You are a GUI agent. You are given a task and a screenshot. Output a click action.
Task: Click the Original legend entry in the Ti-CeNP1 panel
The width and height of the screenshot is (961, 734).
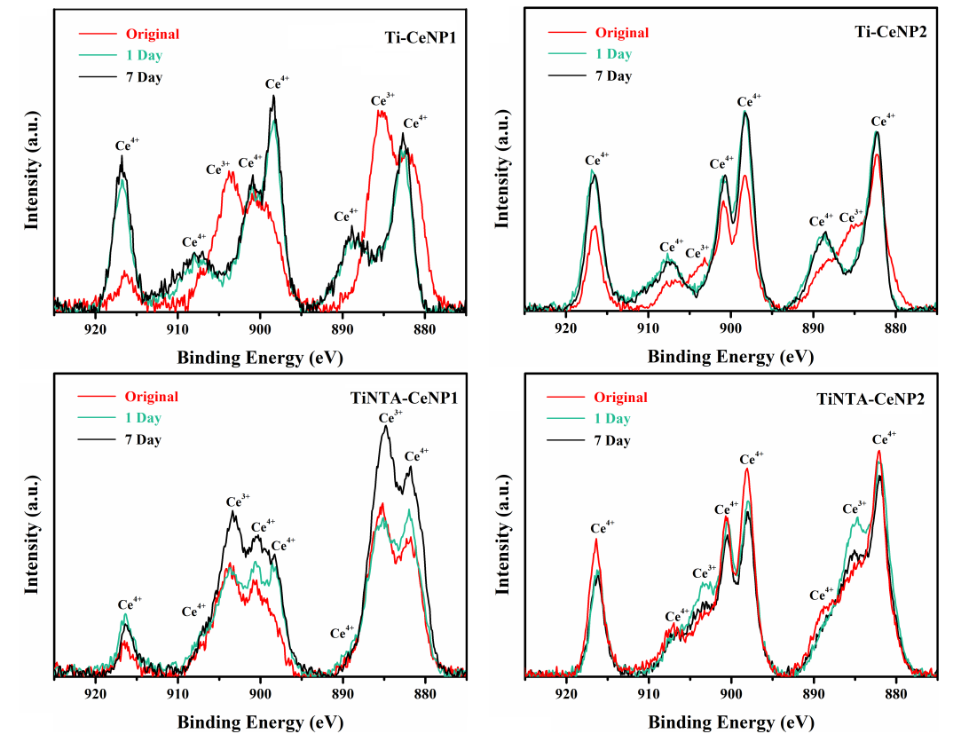click(153, 35)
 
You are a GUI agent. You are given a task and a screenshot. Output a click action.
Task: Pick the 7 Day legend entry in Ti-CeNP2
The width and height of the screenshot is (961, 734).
click(613, 75)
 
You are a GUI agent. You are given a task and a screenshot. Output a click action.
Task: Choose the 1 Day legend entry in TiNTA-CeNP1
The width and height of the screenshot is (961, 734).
click(143, 418)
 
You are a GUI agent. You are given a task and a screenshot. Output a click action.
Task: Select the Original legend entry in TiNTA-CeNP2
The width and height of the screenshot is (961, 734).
click(621, 398)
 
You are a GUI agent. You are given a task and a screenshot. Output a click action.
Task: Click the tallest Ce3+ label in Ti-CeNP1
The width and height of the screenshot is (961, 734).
click(382, 99)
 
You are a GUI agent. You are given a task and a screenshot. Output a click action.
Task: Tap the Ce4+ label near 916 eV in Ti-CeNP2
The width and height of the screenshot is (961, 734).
click(597, 161)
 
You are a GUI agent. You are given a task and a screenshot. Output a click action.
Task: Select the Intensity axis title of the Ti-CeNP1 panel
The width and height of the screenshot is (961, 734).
click(32, 169)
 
